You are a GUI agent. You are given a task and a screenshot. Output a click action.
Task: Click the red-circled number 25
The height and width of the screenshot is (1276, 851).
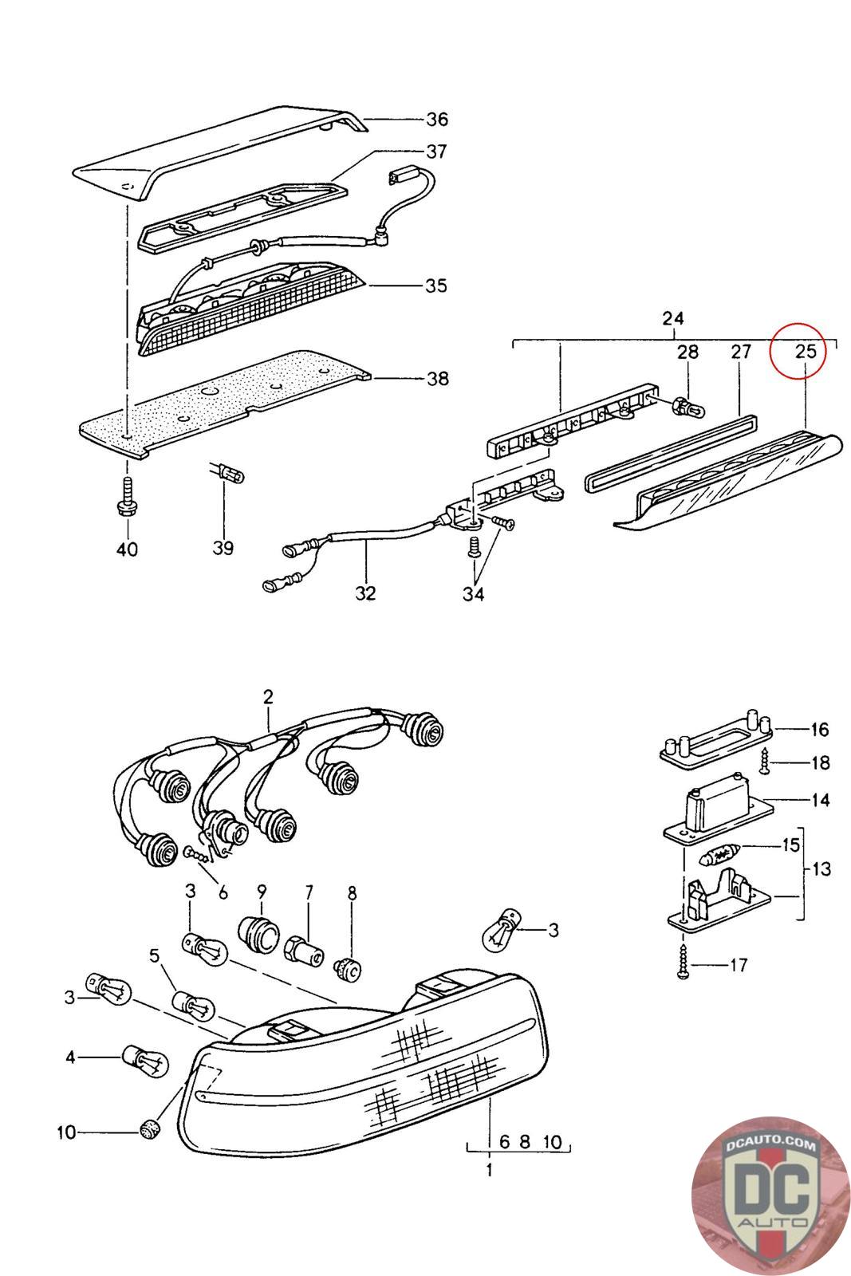tap(806, 350)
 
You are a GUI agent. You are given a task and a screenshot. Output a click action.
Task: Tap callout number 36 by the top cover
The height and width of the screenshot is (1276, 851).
tap(436, 120)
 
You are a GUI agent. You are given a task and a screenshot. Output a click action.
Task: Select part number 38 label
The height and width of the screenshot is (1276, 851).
tap(437, 378)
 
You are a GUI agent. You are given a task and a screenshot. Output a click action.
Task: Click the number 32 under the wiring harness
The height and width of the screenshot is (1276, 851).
tap(366, 593)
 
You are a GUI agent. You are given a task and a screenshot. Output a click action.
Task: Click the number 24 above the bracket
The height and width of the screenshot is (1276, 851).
tap(673, 318)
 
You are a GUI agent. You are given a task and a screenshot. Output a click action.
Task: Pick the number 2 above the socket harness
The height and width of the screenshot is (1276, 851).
tap(268, 696)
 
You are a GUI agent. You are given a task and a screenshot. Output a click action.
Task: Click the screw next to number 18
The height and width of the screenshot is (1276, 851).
tap(765, 762)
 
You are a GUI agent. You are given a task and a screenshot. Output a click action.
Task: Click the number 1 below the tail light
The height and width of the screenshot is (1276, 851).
tap(489, 1170)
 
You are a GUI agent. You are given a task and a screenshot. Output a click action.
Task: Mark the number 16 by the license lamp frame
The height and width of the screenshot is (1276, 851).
tap(819, 729)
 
